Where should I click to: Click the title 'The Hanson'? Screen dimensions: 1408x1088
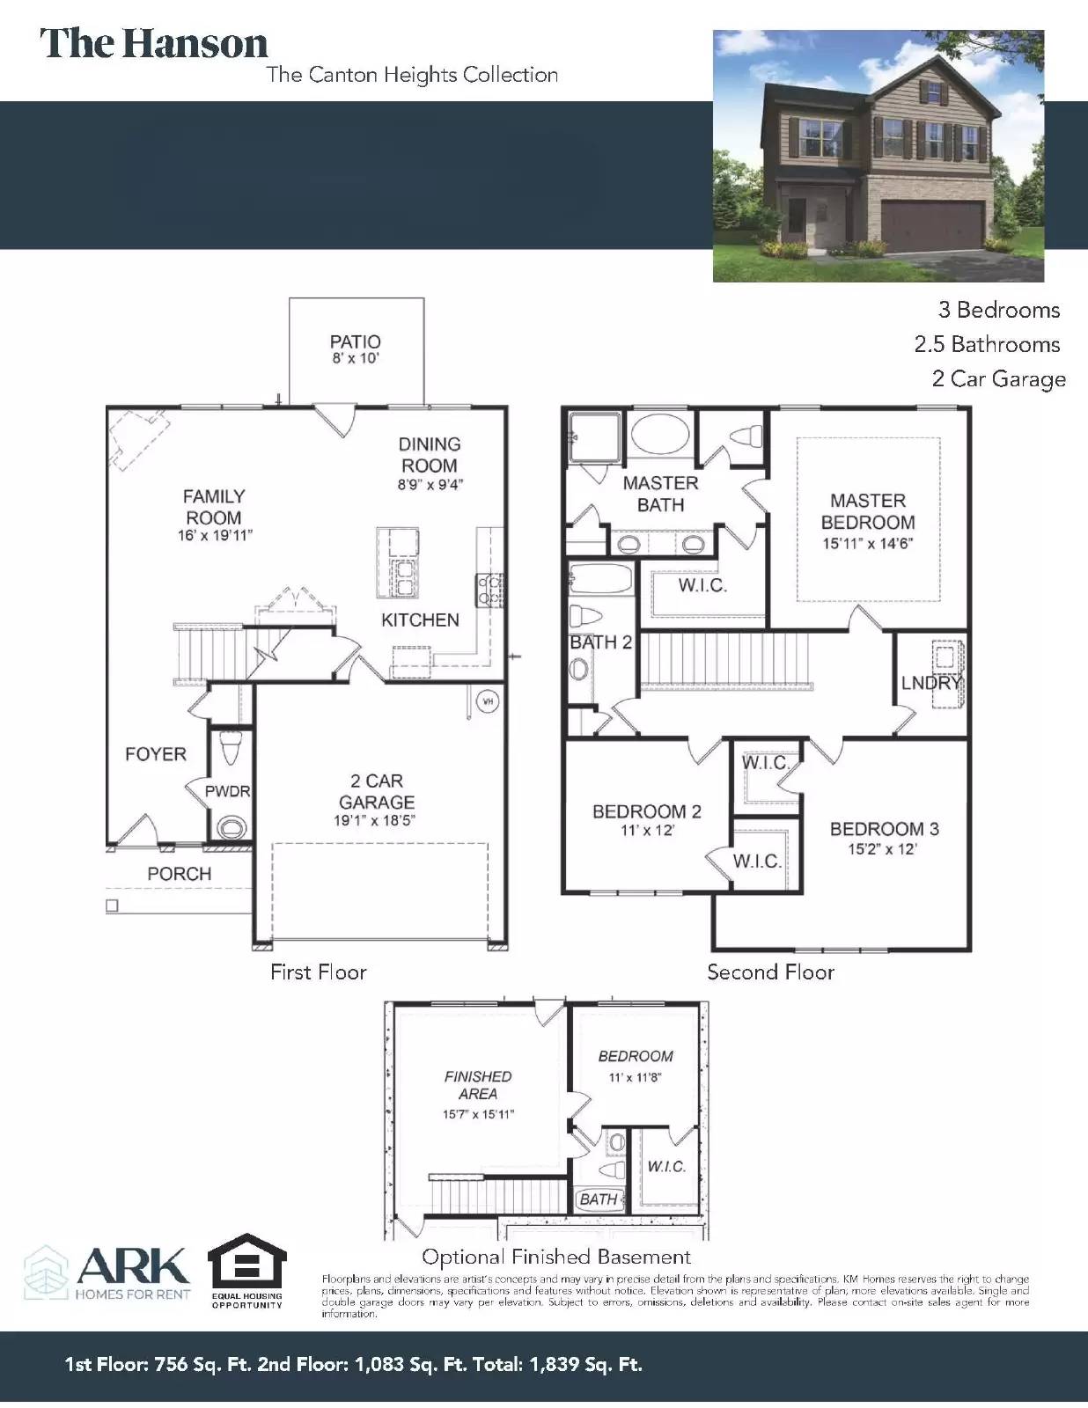coord(154,44)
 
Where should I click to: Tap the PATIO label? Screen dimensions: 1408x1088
coord(355,341)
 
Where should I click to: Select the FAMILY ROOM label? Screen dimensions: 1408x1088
coord(214,507)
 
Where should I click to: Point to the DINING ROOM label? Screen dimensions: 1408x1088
coord(430,455)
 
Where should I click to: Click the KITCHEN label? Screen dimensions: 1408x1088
coord(420,620)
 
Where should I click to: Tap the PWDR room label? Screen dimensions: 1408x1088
coord(227,791)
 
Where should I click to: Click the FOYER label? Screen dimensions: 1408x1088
coord(156,754)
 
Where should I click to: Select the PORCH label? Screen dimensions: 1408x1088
coord(179,874)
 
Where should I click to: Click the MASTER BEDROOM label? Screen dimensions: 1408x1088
coord(868,511)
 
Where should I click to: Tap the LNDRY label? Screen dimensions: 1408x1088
coord(930,683)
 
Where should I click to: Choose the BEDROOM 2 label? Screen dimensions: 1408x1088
coord(647,811)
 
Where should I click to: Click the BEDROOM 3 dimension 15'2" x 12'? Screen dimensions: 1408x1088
coord(884,849)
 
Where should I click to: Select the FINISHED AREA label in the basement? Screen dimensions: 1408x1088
coord(478,1085)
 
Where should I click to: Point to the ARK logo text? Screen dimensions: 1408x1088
coord(133,1266)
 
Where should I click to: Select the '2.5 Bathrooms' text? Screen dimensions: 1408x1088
coord(987,344)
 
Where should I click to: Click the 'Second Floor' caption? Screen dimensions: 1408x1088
coord(770,972)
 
